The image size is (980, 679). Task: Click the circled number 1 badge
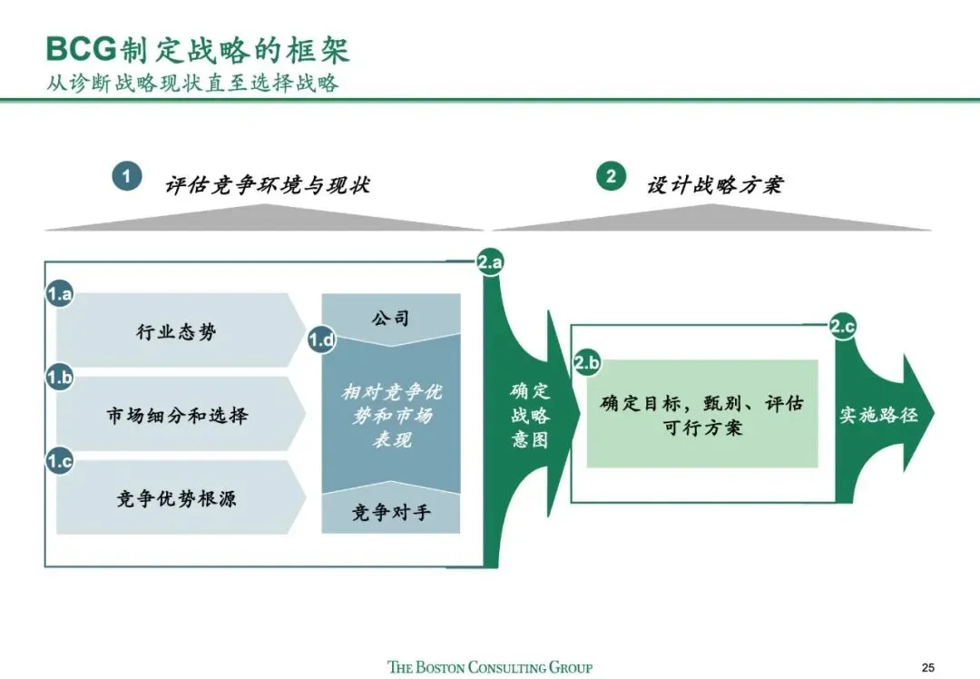[126, 176]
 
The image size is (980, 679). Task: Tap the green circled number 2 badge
[611, 176]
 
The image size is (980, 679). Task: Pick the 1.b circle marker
[60, 378]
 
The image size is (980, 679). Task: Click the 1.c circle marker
[60, 461]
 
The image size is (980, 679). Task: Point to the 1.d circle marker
[321, 340]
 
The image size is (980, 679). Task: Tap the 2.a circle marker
[490, 263]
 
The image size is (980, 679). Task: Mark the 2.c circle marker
[843, 328]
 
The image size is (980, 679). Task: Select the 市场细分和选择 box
[177, 415]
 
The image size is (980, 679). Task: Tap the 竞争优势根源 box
[177, 497]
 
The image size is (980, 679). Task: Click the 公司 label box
[391, 318]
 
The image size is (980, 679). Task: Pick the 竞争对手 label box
[391, 514]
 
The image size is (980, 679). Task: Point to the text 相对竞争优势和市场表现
[391, 416]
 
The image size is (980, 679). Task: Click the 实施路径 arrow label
[877, 415]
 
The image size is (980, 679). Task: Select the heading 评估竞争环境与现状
[268, 185]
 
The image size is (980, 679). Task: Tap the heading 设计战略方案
[715, 185]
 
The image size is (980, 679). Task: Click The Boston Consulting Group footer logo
[490, 667]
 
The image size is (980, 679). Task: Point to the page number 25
[927, 667]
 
